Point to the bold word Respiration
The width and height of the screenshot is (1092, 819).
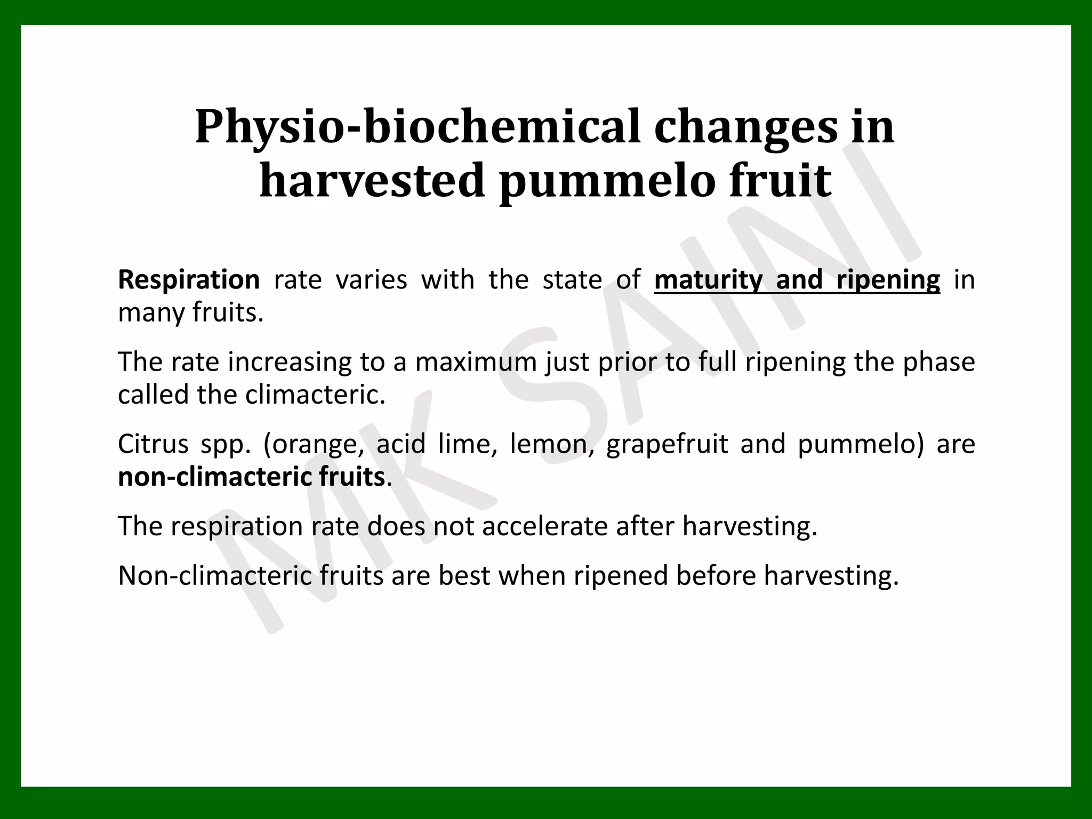click(189, 280)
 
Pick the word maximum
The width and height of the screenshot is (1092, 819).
click(476, 362)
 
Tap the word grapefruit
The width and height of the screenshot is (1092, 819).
click(667, 444)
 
